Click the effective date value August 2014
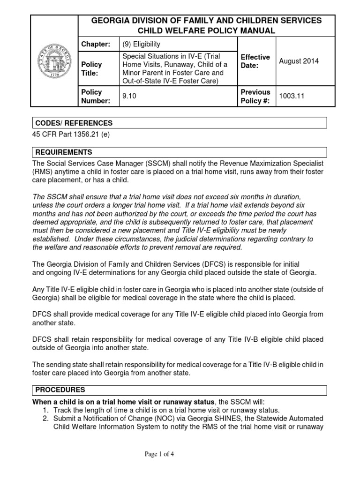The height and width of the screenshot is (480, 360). [x=299, y=61]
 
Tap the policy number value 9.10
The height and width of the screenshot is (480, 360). [x=128, y=96]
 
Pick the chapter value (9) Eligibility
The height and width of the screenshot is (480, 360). [x=141, y=44]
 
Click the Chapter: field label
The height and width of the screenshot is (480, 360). [x=96, y=44]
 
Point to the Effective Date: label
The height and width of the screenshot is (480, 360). [x=255, y=61]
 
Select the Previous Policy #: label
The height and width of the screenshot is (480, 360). [x=255, y=96]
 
